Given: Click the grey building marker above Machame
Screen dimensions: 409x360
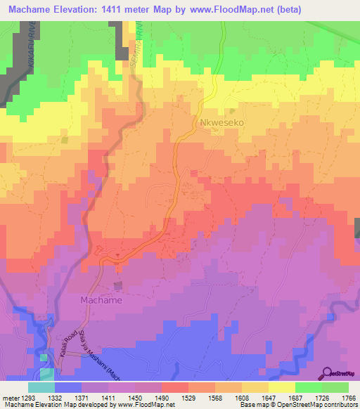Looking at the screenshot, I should (117, 285).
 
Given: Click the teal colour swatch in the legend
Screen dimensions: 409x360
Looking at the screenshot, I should (41, 387).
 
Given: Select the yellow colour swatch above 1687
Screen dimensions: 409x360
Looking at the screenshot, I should (282, 387).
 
